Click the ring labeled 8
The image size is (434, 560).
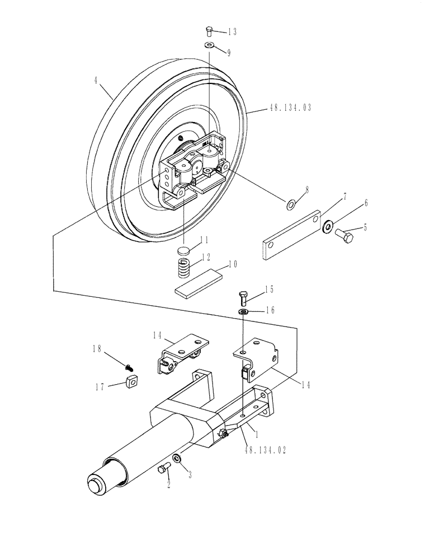click(x=291, y=206)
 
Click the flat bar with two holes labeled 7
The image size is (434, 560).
click(x=290, y=236)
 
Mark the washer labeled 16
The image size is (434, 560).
click(x=243, y=310)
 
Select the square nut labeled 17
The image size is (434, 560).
click(x=132, y=384)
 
